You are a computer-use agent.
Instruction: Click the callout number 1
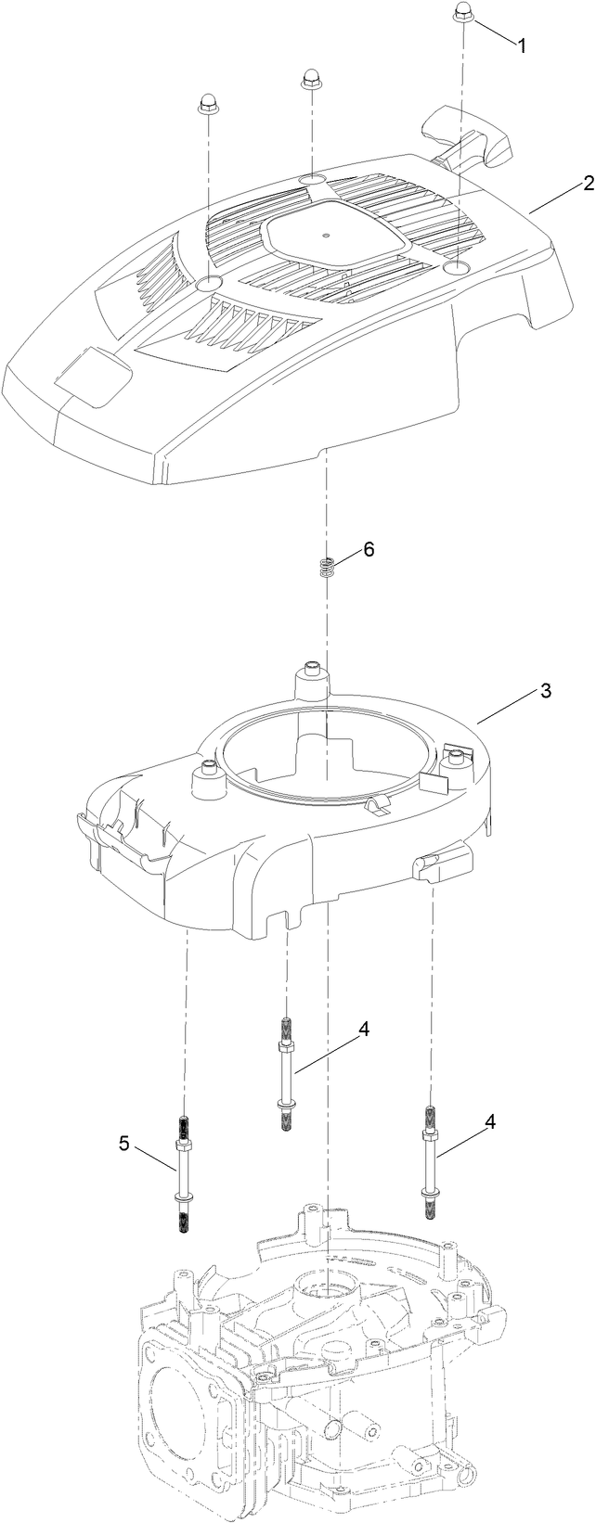point(521,45)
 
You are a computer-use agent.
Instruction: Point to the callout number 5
point(124,1144)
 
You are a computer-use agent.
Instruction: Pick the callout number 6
point(369,550)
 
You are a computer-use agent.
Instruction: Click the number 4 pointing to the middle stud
point(364,1029)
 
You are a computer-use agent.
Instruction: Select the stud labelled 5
point(183,1173)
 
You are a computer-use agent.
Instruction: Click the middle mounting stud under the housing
point(287,1074)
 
